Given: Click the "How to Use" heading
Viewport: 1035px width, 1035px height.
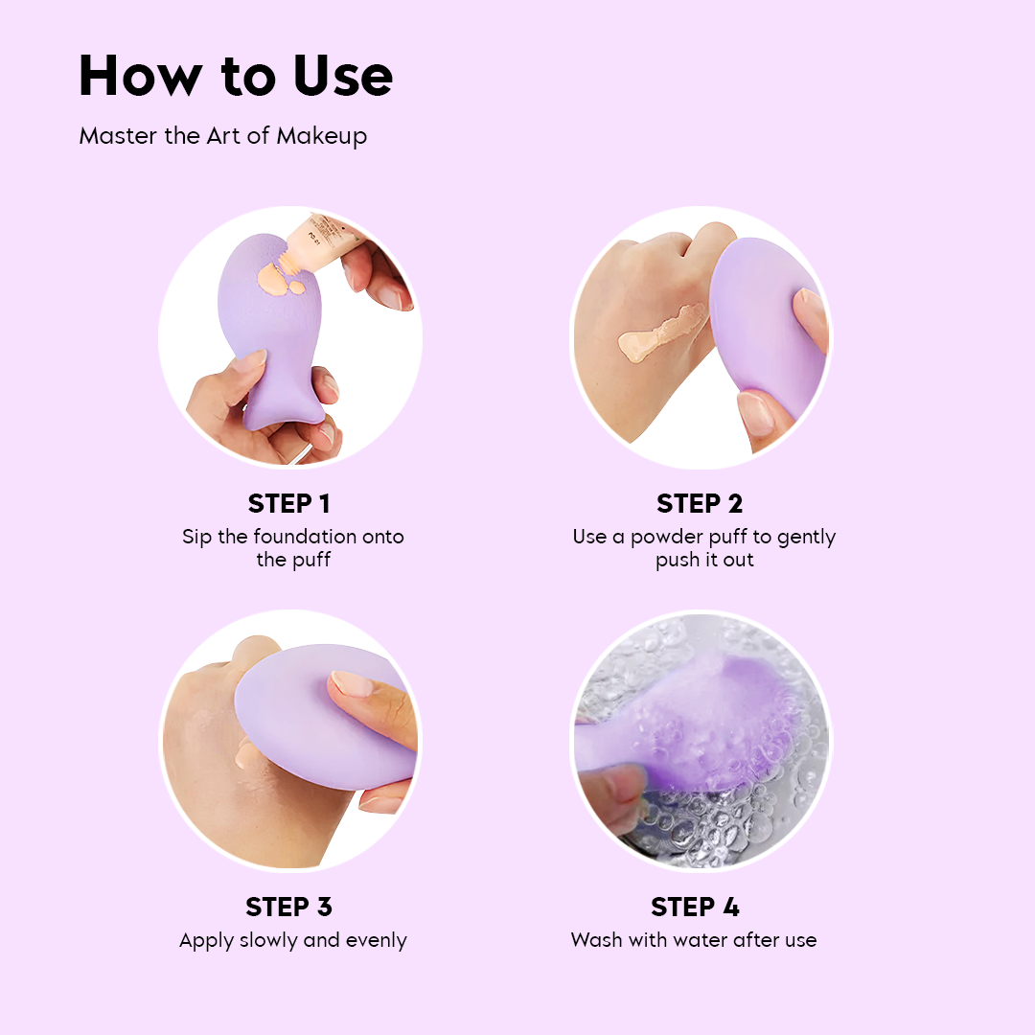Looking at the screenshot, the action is click(236, 76).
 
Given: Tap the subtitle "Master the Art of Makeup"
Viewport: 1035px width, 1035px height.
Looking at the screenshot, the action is click(223, 136).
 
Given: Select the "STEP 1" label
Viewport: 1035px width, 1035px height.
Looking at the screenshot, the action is click(289, 504).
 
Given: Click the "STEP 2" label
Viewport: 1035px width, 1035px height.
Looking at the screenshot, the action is click(700, 504).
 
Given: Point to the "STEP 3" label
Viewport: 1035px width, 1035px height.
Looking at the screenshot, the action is click(289, 907).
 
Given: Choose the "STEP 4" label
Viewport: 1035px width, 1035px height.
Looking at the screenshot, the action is click(695, 907).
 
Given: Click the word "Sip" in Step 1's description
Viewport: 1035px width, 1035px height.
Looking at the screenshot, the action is click(196, 538).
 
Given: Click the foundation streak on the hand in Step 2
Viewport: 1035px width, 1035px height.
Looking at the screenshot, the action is click(662, 333).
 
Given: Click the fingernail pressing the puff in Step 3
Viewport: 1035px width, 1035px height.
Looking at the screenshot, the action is click(352, 684).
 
